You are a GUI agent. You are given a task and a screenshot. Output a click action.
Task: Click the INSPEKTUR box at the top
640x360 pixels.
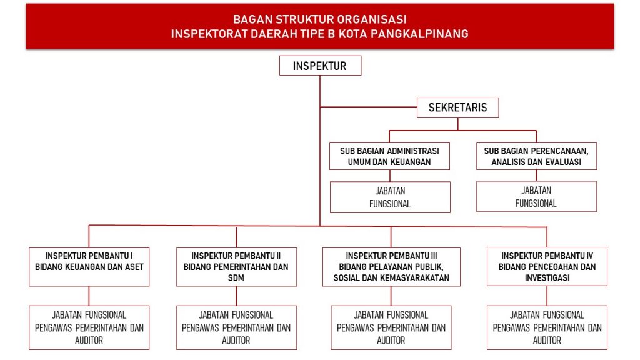click(320, 66)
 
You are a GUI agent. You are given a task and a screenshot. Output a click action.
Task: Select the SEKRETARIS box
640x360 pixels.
click(457, 107)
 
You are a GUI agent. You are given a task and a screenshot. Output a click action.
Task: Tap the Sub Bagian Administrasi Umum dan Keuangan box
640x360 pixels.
click(389, 156)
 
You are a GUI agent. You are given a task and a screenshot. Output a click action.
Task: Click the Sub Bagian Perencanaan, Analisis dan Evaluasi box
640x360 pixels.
click(536, 156)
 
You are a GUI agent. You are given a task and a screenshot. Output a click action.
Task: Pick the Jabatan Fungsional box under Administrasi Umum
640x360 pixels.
click(389, 197)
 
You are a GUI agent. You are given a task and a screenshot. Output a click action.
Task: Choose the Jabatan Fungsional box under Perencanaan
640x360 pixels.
click(536, 197)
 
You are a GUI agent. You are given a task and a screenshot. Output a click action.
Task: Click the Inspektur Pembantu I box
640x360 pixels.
click(89, 267)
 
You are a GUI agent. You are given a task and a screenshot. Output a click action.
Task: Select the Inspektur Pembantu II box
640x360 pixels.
click(236, 267)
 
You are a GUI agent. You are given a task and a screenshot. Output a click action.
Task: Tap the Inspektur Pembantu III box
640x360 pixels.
click(391, 267)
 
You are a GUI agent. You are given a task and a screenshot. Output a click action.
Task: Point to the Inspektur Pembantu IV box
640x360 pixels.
click(547, 267)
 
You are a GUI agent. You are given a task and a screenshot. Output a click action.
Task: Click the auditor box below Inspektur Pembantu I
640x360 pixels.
click(89, 327)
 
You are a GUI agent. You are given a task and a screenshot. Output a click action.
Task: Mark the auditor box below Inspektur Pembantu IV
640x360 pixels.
click(547, 327)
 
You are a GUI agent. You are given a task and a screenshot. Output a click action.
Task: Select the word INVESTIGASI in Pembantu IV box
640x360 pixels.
click(547, 278)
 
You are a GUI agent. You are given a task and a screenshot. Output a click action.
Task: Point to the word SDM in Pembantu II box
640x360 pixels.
click(236, 278)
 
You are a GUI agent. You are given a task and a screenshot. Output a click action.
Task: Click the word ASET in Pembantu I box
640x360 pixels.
click(133, 267)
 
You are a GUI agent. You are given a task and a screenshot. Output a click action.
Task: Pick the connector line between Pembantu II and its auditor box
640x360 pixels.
click(236, 296)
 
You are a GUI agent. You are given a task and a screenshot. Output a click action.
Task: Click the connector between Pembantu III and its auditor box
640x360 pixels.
click(391, 296)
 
